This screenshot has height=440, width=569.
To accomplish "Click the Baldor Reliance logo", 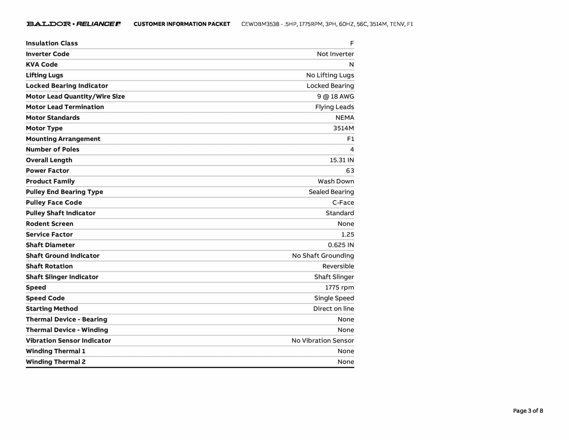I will click(73, 24).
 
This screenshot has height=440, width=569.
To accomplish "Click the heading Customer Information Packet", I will click(182, 24).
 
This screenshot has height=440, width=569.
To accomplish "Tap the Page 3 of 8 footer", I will click(528, 411).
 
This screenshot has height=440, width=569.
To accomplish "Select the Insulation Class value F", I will click(352, 43).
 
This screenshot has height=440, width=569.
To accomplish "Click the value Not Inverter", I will click(335, 54).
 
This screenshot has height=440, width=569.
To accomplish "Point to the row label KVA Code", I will click(42, 65).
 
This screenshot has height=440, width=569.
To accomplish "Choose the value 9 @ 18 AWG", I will click(335, 97).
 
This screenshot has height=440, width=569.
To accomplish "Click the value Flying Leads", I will click(334, 107).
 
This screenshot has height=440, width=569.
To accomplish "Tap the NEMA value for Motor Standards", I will click(345, 118).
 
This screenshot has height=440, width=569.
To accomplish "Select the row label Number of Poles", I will click(53, 149).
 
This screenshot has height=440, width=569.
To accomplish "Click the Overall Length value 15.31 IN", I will click(341, 160).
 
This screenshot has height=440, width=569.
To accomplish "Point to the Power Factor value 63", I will click(350, 171).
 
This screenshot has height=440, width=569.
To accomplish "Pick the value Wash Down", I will click(336, 181).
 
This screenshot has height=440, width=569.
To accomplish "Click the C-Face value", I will click(343, 202).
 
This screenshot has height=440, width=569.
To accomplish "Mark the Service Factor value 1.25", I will click(347, 234).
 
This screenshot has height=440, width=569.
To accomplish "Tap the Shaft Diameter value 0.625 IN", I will click(341, 245).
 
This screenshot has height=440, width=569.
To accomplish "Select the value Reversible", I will click(338, 266).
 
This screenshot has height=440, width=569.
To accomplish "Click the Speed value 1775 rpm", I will click(339, 287).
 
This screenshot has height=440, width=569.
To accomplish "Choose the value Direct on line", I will click(333, 309).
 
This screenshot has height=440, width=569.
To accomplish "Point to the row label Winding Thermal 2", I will click(56, 362).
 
